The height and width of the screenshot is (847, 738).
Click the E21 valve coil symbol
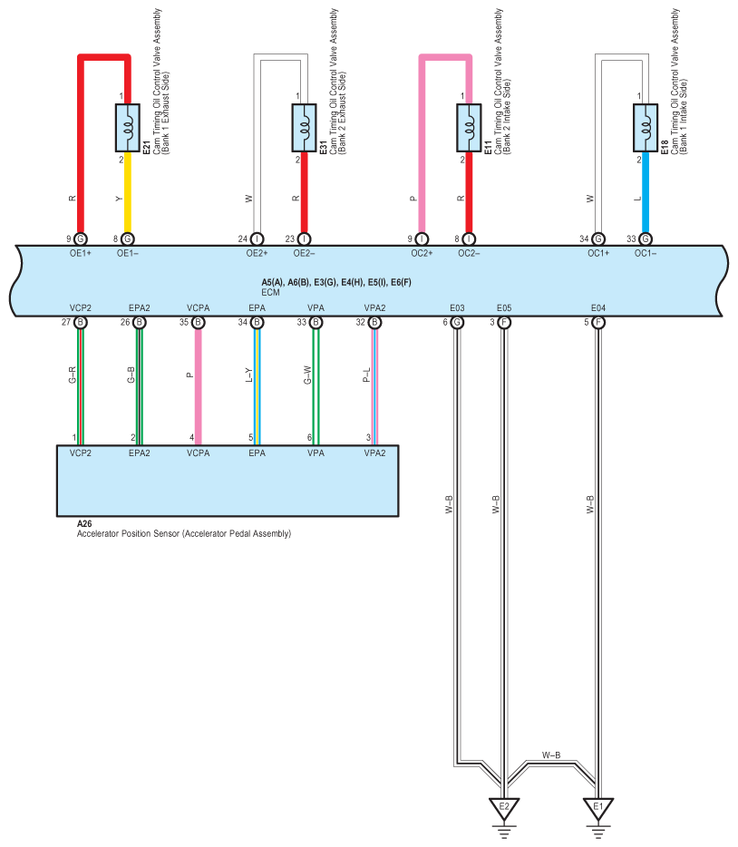[127, 127]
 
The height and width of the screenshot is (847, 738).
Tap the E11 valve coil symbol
[469, 127]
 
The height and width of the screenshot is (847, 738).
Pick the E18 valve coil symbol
[646, 127]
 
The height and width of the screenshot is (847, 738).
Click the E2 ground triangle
[505, 805]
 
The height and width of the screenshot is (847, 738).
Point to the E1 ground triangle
[598, 805]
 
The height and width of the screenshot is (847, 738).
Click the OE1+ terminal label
[80, 254]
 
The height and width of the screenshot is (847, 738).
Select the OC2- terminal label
[469, 254]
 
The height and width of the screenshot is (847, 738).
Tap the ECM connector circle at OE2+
[257, 239]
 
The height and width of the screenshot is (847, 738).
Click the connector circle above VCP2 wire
[81, 322]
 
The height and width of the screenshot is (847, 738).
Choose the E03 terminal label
[457, 308]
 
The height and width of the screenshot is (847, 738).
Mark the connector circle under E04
[598, 322]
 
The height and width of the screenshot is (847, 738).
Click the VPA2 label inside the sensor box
[374, 451]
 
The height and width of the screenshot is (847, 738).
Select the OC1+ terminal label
[598, 254]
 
